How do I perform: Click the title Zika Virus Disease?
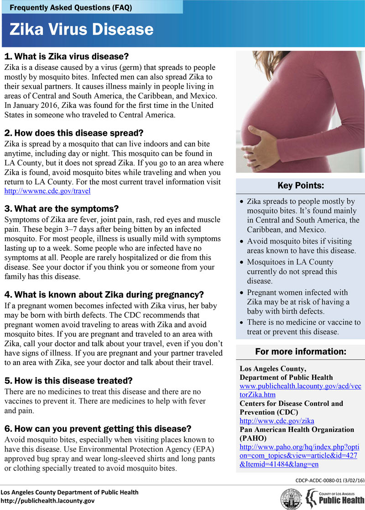81,29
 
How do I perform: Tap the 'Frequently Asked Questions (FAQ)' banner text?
71,7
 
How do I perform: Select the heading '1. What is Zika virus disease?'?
67,57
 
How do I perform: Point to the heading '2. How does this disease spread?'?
74,133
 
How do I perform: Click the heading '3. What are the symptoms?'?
61,209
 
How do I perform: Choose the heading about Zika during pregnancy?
104,294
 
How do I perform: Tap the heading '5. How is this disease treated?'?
68,380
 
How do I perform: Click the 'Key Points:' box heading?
300,186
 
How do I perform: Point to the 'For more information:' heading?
300,352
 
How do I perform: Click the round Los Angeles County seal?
290,498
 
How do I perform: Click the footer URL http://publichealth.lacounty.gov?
47,501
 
